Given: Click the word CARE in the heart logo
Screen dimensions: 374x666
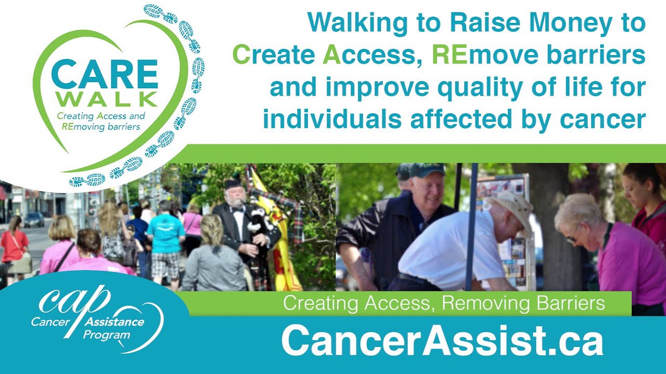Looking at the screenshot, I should tap(104, 74).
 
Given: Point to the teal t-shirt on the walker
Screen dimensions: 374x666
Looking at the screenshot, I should tap(165, 233).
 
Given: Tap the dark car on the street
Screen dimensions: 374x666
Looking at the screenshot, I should tap(33, 219).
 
